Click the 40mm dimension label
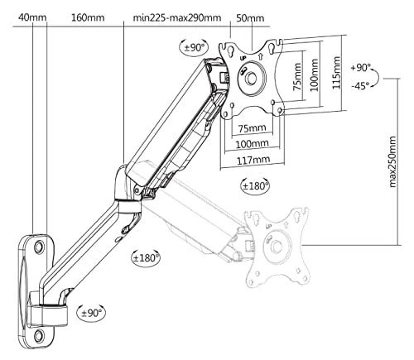click(x=32, y=18)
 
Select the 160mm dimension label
click(x=88, y=18)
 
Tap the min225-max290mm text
click(x=177, y=18)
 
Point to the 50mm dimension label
click(x=250, y=18)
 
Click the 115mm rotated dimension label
click(x=336, y=73)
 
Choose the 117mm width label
click(x=253, y=160)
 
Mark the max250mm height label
click(x=392, y=161)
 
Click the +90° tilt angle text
click(x=360, y=68)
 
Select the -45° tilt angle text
click(x=360, y=86)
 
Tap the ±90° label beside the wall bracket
click(x=91, y=313)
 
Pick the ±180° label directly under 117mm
click(x=255, y=185)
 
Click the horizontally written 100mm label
click(x=252, y=143)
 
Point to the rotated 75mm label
click(x=297, y=77)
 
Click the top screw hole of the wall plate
click(x=40, y=246)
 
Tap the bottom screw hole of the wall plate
click(x=39, y=335)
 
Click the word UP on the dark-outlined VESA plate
click(x=243, y=58)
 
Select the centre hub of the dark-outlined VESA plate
click(x=252, y=78)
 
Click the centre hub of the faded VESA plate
click(x=277, y=246)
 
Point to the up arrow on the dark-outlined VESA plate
click(x=261, y=56)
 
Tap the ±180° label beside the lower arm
click(x=146, y=258)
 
